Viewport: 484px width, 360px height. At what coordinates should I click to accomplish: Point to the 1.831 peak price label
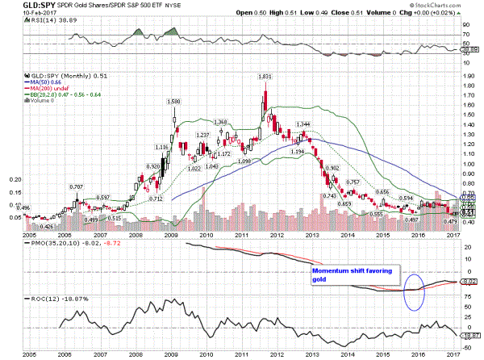click(264, 76)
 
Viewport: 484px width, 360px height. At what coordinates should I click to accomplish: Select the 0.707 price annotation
click(77, 187)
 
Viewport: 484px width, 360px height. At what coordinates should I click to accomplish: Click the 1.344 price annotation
click(303, 124)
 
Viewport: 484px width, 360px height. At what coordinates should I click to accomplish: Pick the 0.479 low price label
click(451, 221)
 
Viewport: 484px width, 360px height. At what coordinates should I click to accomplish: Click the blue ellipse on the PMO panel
click(412, 291)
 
